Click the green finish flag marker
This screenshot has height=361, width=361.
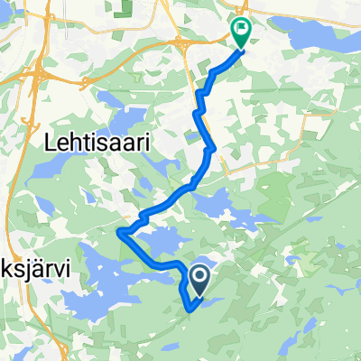(242, 32)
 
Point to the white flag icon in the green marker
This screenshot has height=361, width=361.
(242, 28)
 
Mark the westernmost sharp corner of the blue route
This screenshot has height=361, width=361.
(119, 232)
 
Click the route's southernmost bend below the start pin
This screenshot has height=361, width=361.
(190, 310)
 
